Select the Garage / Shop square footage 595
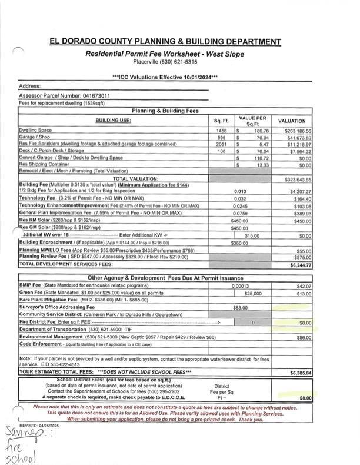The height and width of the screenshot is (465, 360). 221,137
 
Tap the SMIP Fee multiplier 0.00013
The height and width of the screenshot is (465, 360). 240,285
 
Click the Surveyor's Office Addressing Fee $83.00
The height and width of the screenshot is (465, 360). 240,307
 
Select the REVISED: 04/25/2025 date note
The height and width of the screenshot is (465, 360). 38,424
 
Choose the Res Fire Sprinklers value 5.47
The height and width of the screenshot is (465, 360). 264,144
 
